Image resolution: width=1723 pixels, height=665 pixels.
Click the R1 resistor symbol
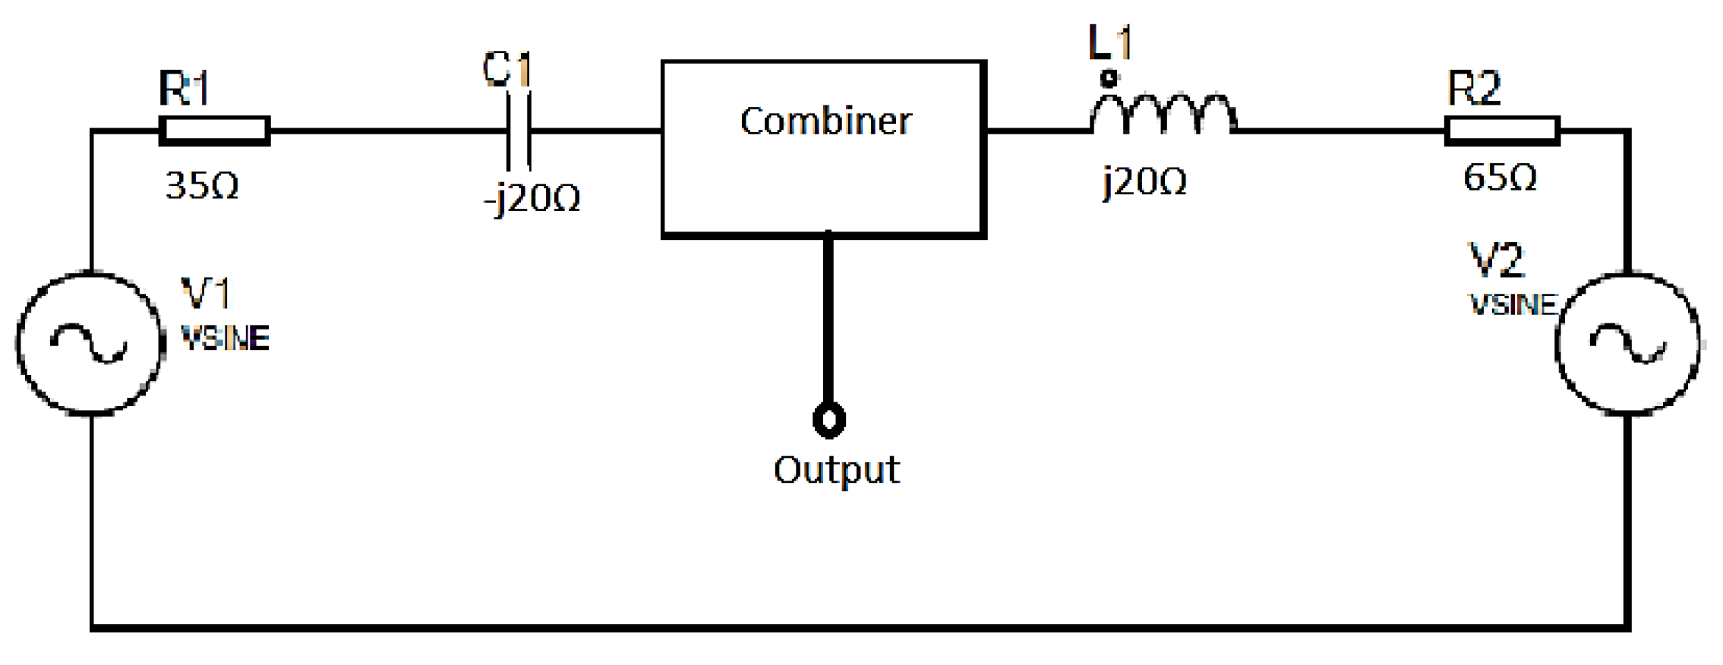click(214, 131)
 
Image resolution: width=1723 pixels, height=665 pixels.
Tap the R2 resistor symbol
click(1501, 131)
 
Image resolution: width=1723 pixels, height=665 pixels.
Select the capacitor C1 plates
click(519, 131)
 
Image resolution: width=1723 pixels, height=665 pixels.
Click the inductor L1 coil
click(1163, 114)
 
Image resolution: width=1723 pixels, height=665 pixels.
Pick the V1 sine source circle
click(90, 343)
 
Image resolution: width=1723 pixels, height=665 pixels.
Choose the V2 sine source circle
click(1627, 343)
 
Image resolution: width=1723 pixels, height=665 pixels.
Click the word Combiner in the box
click(825, 121)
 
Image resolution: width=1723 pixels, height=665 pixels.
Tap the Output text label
click(836, 470)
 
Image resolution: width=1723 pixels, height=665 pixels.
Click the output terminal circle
click(828, 419)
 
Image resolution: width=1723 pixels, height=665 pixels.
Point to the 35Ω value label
click(202, 186)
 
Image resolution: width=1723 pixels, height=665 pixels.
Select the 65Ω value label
click(1500, 178)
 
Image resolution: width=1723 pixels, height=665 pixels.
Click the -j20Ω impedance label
click(532, 199)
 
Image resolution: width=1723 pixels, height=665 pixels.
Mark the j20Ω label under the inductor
click(1144, 182)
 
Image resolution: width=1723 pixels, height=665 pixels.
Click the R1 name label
click(184, 89)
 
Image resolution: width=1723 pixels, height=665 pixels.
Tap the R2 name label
click(1474, 88)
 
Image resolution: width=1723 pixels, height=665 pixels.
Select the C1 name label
click(507, 70)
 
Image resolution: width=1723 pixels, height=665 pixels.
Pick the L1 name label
click(1110, 43)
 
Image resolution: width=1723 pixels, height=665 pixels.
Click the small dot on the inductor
click(1109, 78)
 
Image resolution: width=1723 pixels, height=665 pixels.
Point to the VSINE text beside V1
click(226, 339)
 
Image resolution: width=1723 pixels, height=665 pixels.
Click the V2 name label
click(1496, 260)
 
